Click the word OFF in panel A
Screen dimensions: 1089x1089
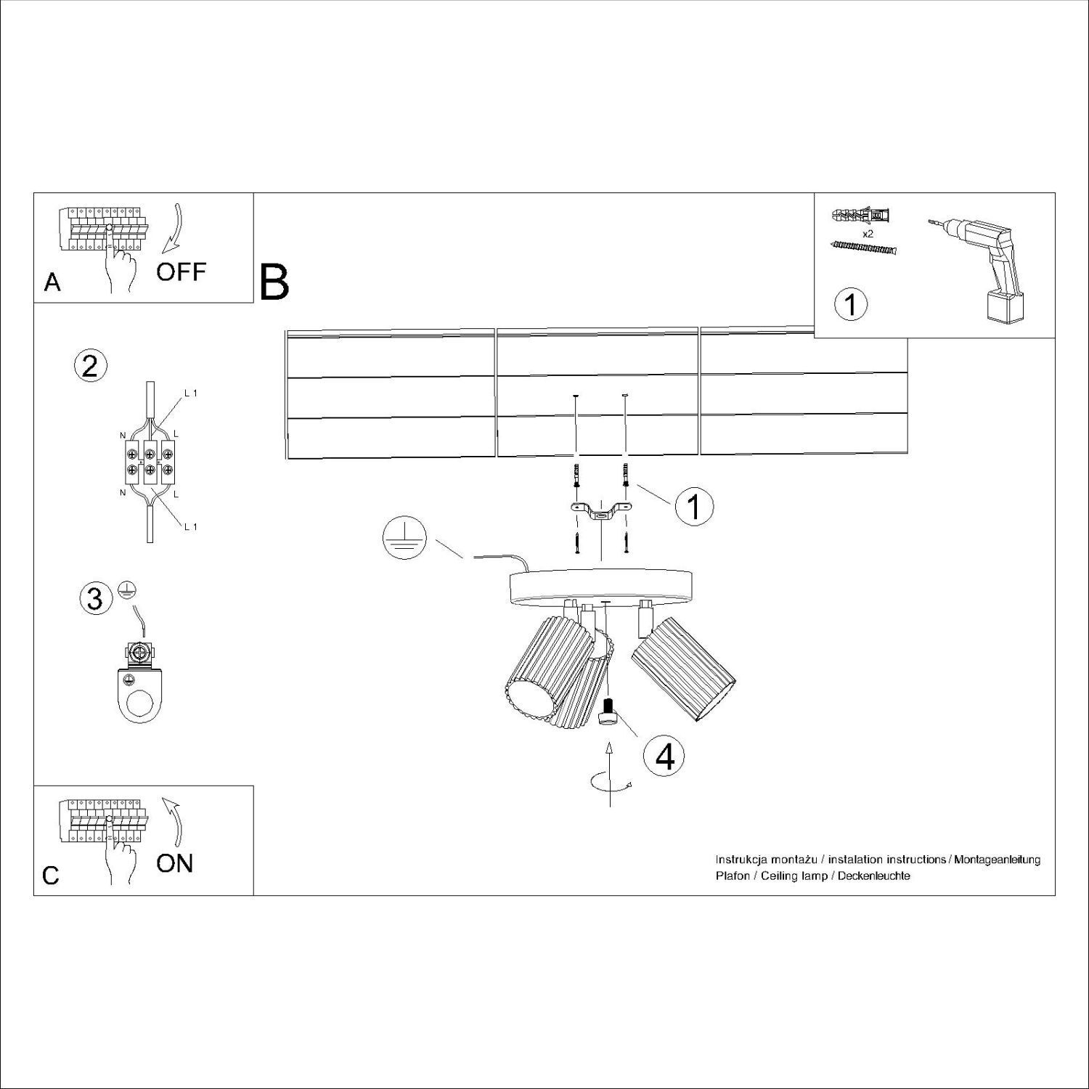coord(181,272)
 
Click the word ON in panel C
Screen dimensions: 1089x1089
coord(175,863)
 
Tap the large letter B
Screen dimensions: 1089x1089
coord(274,283)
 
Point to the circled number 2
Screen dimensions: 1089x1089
coord(91,365)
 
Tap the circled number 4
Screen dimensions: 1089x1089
coord(664,756)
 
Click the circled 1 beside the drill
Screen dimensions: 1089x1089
coord(850,304)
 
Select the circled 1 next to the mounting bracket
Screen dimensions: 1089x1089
coord(694,506)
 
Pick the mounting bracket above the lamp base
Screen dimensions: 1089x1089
coord(600,512)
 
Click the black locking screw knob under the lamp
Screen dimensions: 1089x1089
coord(608,711)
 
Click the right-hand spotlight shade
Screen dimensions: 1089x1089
coord(685,668)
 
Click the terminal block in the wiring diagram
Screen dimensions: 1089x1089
coord(150,462)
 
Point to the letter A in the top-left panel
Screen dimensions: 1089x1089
coord(52,282)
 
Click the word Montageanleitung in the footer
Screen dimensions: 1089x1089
coord(998,860)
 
